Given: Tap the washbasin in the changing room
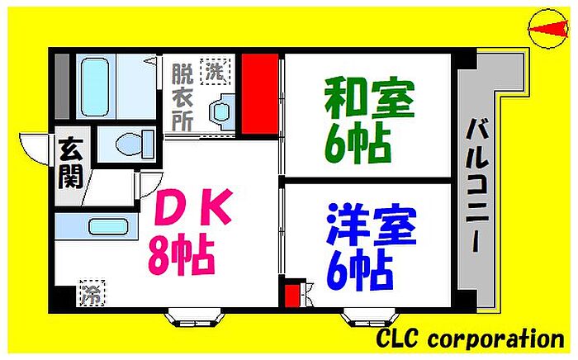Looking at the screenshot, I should point(220,110).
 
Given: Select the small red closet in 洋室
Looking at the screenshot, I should point(291,294).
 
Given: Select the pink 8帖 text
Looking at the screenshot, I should point(182,257).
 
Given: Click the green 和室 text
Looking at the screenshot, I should point(367,98).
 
